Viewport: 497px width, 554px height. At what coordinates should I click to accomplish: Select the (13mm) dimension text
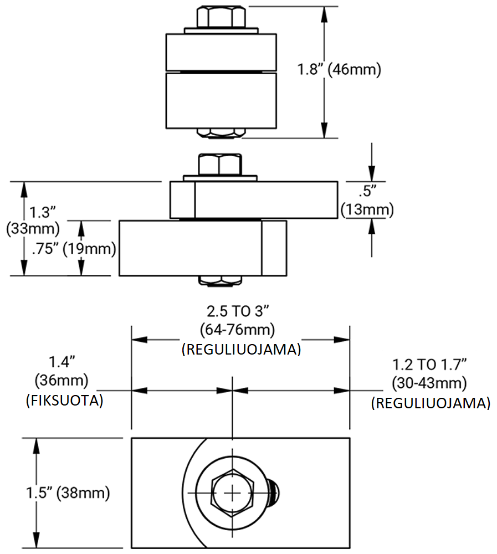pyautogui.click(x=367, y=210)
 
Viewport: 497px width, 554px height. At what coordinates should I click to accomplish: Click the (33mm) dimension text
pyautogui.click(x=32, y=228)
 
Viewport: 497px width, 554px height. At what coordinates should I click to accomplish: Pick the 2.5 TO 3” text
pyautogui.click(x=240, y=311)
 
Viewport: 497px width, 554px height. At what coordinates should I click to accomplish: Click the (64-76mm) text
pyautogui.click(x=240, y=330)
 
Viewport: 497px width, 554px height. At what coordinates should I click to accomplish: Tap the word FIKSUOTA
pyautogui.click(x=65, y=401)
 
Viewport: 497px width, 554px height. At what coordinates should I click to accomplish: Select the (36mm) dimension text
pyautogui.click(x=65, y=381)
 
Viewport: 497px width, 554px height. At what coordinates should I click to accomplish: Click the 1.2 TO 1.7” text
pyautogui.click(x=430, y=365)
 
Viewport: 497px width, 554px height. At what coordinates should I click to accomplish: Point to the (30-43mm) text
pyautogui.click(x=430, y=383)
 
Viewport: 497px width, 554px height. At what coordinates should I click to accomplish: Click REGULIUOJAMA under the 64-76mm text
pyautogui.click(x=241, y=350)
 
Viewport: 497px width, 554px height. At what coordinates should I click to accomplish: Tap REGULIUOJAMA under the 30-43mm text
pyautogui.click(x=431, y=403)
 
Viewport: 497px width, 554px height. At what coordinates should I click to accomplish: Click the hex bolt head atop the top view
pyautogui.click(x=220, y=17)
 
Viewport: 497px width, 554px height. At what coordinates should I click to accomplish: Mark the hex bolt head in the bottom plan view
pyautogui.click(x=233, y=492)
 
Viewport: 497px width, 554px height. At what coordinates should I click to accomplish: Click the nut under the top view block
pyautogui.click(x=221, y=133)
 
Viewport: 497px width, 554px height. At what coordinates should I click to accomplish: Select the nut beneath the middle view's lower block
pyautogui.click(x=221, y=281)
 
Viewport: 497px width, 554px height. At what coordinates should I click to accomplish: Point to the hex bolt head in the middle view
pyautogui.click(x=220, y=164)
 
